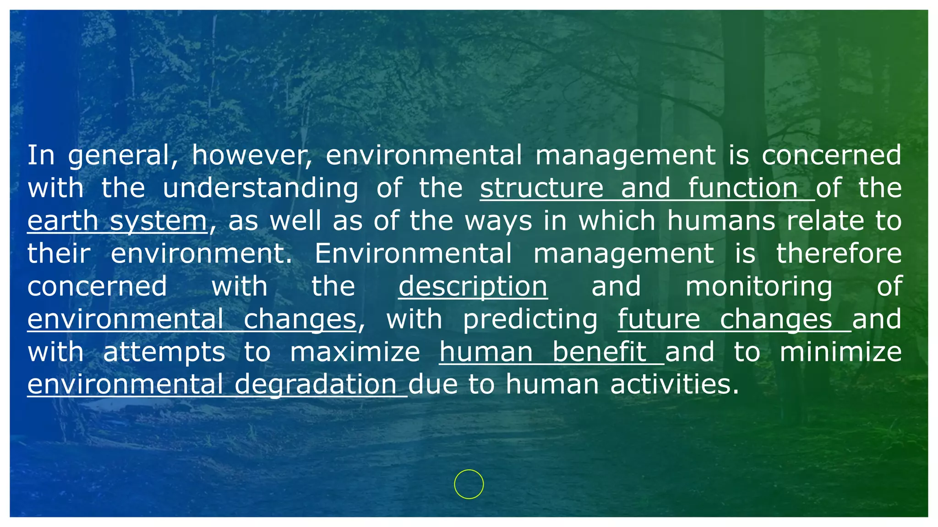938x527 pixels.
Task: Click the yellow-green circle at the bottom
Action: pos(469,484)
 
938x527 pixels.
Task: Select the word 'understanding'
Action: pos(261,188)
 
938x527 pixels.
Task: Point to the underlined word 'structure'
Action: pos(542,188)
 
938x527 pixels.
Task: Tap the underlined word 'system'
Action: pos(158,222)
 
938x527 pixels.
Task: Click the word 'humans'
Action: pos(721,221)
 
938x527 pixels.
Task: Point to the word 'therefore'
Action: pos(839,253)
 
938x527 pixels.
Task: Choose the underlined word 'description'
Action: pos(473,287)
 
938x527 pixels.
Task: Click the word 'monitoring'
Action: pos(758,287)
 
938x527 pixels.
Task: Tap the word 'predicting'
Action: pos(530,319)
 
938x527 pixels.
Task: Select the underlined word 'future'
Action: pos(659,319)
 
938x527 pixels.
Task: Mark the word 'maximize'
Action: pos(355,352)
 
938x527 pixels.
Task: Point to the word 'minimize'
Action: pos(840,352)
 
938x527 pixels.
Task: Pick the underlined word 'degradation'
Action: pos(316,385)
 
